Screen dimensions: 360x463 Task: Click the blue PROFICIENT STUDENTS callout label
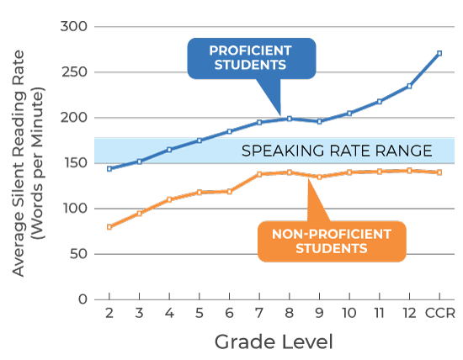pos(250,57)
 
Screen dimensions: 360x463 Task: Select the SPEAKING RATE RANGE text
pos(337,151)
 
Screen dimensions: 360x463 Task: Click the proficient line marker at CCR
pos(439,53)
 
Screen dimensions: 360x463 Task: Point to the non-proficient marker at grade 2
pos(109,226)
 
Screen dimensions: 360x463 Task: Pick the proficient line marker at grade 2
pos(109,168)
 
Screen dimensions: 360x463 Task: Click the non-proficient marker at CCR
pos(439,172)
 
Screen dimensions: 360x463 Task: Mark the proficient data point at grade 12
pos(409,86)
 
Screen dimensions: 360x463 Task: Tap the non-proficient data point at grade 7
pos(259,174)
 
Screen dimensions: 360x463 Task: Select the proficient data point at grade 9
pos(319,121)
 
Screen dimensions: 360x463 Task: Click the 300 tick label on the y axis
pos(76,27)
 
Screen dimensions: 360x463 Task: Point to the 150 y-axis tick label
pos(76,163)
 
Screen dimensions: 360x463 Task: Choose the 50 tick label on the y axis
pos(79,254)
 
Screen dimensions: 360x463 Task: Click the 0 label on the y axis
pos(82,299)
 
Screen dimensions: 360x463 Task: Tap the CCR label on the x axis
pos(439,313)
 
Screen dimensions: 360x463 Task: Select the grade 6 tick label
pos(229,313)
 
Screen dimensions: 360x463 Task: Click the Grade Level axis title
pos(274,341)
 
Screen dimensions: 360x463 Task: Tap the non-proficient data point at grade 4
pos(169,199)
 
